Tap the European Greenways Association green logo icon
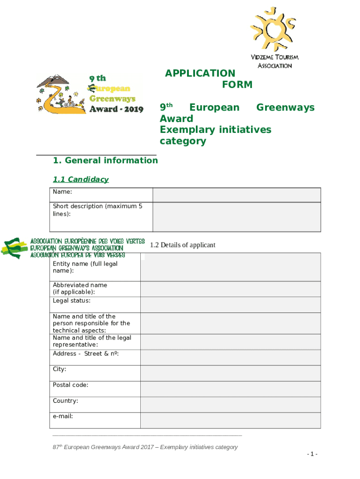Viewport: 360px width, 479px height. [x=14, y=247]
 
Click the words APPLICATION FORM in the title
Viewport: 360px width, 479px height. [x=209, y=79]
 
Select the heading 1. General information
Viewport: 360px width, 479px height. [x=105, y=160]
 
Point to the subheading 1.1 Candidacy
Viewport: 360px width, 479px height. [x=80, y=180]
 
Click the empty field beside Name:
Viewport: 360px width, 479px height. [x=237, y=195]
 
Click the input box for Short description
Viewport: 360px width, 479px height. [x=237, y=217]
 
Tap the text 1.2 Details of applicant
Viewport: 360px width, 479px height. [x=182, y=245]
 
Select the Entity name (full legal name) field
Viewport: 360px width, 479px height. [x=230, y=267]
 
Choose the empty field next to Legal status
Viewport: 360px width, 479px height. [x=230, y=305]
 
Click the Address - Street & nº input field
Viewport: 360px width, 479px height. [x=230, y=358]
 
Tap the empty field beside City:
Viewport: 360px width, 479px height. [x=230, y=373]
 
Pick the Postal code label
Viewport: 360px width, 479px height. [x=71, y=385]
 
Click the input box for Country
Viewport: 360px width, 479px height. [x=230, y=405]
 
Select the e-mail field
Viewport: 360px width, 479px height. [x=230, y=420]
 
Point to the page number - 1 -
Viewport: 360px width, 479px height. [x=312, y=454]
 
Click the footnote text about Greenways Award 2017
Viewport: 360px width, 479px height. [x=145, y=447]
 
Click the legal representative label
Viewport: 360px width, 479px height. [x=92, y=341]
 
